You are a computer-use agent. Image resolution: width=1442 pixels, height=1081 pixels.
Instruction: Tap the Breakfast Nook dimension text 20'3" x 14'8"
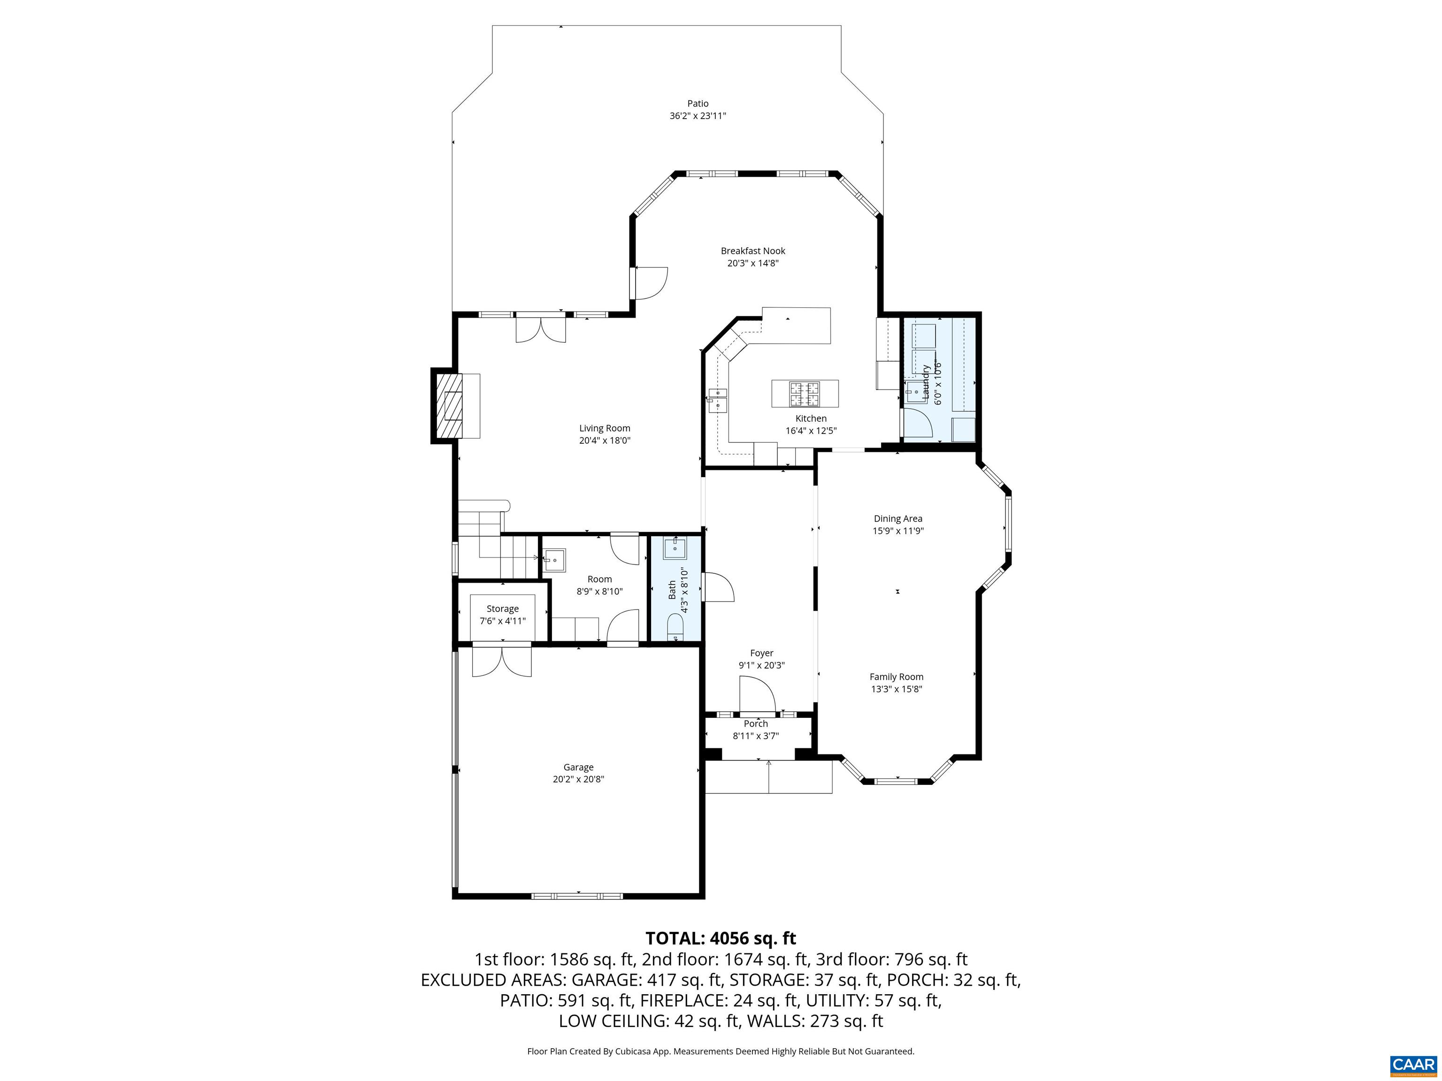pos(753,263)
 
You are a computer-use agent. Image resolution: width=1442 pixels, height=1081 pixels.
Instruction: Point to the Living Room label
pos(604,428)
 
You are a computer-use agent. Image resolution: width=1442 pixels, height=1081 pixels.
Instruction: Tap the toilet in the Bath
pos(674,627)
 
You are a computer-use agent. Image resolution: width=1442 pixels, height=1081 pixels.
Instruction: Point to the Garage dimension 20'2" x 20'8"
pos(578,779)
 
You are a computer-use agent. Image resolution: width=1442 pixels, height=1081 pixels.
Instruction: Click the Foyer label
pos(761,653)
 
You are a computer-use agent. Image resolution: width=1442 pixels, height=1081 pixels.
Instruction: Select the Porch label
pos(756,724)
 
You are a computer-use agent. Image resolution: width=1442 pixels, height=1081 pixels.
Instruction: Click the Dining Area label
pos(897,518)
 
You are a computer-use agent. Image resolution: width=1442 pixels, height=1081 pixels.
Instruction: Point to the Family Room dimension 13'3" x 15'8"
pos(897,689)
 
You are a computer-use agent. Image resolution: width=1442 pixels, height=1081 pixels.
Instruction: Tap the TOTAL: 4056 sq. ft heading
pos(721,938)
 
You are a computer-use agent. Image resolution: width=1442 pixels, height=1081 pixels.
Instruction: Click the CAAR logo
pos(1413,1064)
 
